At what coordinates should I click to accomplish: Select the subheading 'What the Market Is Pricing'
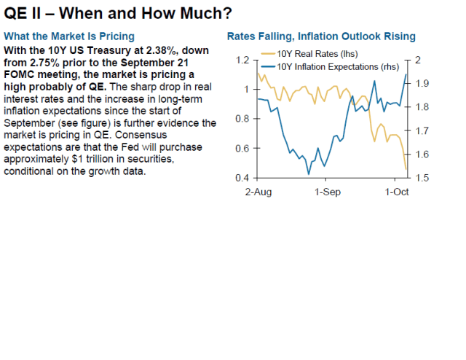click(x=68, y=36)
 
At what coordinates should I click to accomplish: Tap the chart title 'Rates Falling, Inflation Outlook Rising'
click(x=321, y=36)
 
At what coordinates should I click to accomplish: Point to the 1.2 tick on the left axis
click(x=242, y=60)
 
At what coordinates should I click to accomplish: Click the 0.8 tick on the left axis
click(x=242, y=119)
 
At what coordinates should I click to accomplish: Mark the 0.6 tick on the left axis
click(x=242, y=149)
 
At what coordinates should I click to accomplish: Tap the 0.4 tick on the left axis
click(x=242, y=178)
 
